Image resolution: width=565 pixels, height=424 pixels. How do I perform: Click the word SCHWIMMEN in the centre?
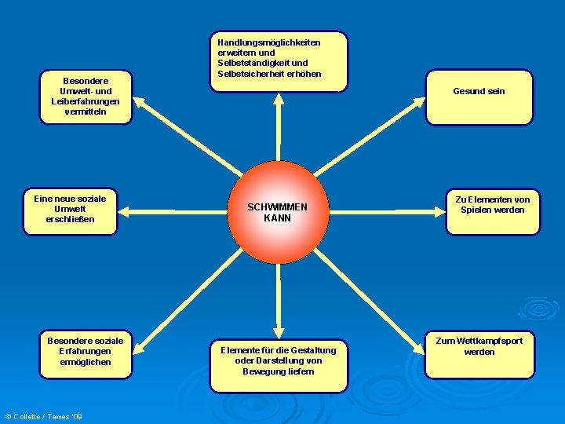click(277, 207)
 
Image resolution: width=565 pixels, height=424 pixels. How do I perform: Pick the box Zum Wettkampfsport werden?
click(479, 353)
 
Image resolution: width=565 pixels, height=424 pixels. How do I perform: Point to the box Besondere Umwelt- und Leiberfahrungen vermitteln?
click(86, 97)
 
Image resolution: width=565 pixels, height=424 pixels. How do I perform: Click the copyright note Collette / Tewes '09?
click(44, 416)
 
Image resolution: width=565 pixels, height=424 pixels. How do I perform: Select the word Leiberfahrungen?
click(86, 101)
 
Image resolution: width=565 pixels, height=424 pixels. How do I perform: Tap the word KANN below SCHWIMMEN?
click(277, 218)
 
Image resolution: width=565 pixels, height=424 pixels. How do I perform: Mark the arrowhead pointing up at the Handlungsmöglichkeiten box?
click(278, 99)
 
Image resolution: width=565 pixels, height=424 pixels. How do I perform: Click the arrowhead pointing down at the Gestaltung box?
click(278, 332)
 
